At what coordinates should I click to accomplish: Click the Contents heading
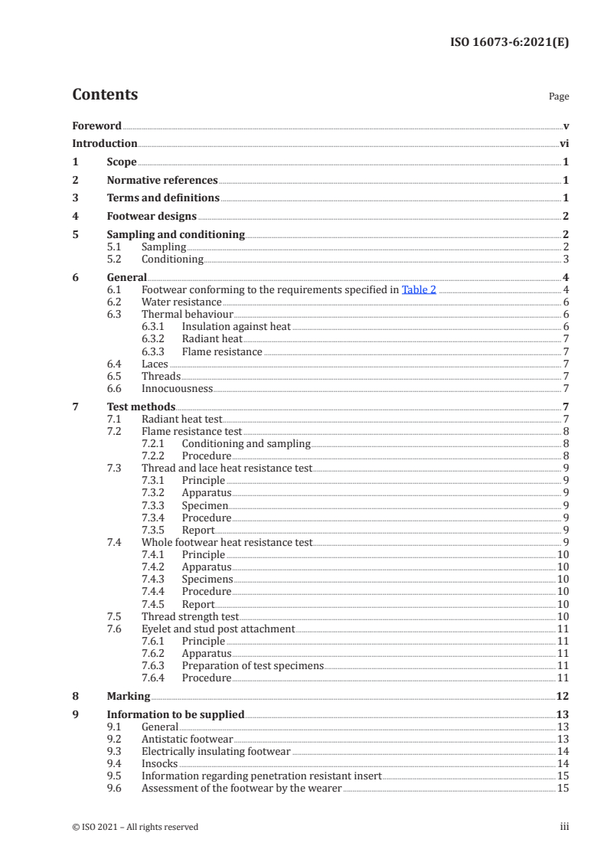105,95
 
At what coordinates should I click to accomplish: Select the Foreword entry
96,126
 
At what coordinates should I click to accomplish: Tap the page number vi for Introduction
563,143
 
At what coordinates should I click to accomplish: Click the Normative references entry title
162,180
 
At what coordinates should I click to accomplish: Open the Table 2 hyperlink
419,289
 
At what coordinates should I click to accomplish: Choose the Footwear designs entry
152,216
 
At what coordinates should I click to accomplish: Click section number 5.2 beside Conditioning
114,259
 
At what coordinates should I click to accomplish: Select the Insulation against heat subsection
236,326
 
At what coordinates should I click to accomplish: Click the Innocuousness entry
177,388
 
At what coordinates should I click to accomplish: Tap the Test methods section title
141,407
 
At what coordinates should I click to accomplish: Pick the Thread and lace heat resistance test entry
227,468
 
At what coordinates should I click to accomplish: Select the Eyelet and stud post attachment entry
218,629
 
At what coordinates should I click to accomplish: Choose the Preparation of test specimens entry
253,665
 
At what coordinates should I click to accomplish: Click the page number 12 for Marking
562,696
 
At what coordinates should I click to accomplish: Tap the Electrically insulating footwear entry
216,751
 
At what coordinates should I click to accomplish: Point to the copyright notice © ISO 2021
135,827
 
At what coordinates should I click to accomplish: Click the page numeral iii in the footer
564,827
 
